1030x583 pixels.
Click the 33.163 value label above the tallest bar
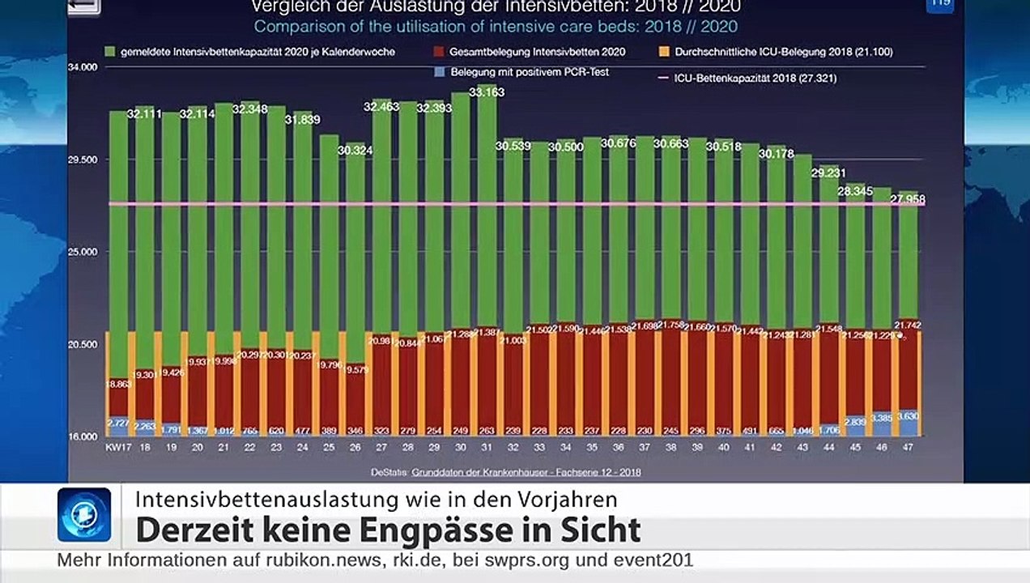point(486,92)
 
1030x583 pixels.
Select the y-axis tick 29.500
point(81,160)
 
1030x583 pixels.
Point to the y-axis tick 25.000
point(81,252)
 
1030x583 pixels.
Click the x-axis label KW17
point(116,446)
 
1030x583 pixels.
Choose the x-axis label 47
point(908,446)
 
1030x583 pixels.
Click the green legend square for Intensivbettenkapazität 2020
point(110,52)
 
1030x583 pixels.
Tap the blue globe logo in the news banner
point(84,515)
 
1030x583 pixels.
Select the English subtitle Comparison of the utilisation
point(496,26)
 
